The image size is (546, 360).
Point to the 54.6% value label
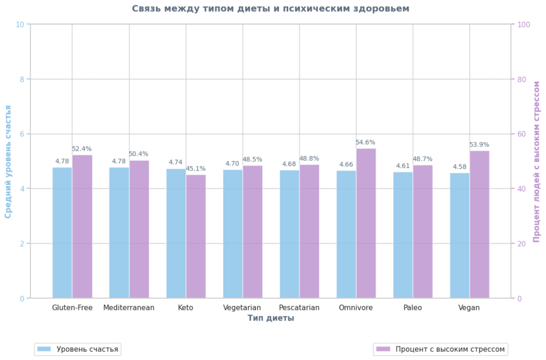tap(365, 143)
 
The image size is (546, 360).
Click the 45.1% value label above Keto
tap(195, 169)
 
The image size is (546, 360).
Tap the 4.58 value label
tap(460, 167)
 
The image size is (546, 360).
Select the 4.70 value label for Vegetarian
tap(232, 164)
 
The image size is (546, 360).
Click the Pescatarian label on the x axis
tap(299, 308)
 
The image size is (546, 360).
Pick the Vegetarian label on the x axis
tap(242, 308)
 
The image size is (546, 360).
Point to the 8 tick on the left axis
tap(21, 79)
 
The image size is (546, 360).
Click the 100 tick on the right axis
tap(523, 24)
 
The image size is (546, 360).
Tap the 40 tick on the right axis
tap(521, 189)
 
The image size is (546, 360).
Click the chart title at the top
tap(271, 8)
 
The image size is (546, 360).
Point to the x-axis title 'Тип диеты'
tap(271, 318)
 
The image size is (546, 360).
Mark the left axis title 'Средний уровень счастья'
tap(8, 161)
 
